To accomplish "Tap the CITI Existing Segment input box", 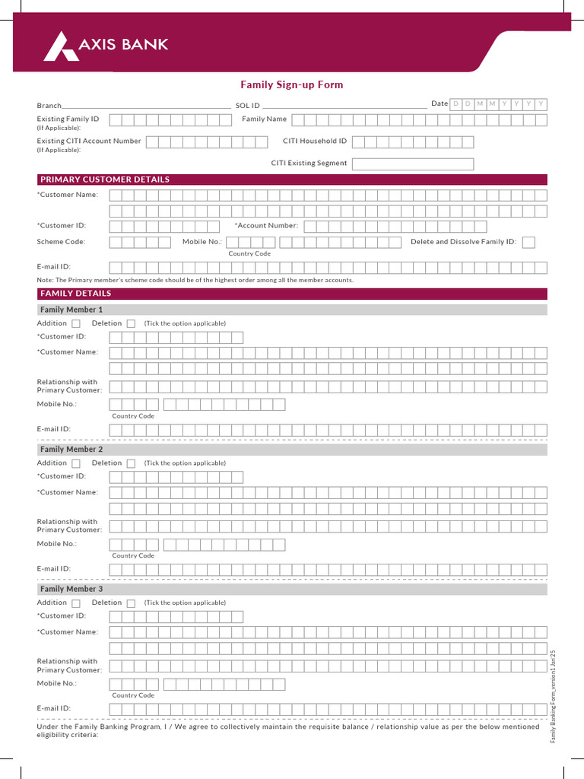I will [412, 164].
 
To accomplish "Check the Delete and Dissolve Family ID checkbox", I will [528, 242].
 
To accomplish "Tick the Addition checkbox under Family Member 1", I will [76, 324].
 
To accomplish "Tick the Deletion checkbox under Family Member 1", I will [131, 324].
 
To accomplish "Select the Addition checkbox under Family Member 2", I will [76, 463].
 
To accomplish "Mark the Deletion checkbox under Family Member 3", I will [131, 603].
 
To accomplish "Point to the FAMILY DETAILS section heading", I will [75, 294].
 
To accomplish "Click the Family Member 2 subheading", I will [71, 450].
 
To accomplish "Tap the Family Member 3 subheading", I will [71, 589].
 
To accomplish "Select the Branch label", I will [49, 105].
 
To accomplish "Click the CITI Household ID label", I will [314, 141].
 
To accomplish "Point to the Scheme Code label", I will [61, 242].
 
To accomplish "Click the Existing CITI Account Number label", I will [89, 141].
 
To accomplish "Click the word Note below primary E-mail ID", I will [45, 280].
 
